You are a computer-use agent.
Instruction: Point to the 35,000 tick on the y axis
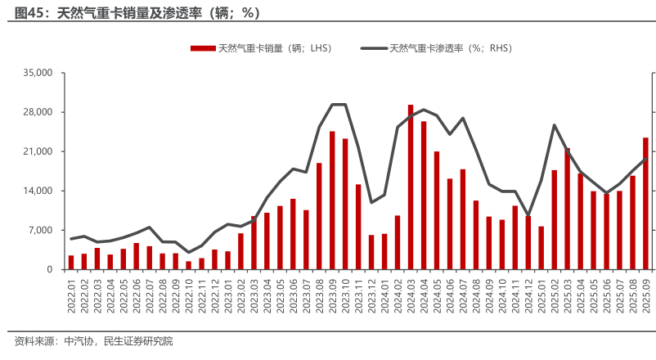pos(38,73)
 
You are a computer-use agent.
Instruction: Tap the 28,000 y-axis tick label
pos(38,112)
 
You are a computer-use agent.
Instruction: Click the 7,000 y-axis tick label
pos(41,230)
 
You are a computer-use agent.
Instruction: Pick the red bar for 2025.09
pos(645,204)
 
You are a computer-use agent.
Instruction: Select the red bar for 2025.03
pos(567,209)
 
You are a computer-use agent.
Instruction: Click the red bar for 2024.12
pos(528,242)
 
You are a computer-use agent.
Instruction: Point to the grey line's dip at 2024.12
pos(528,216)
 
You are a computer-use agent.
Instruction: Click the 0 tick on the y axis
pos(49,269)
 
